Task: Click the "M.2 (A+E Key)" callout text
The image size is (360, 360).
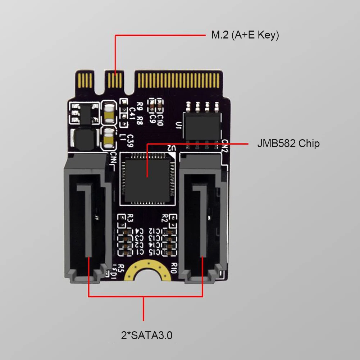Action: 245,35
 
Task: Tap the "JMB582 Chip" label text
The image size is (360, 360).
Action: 288,144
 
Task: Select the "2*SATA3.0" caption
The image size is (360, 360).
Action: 147,336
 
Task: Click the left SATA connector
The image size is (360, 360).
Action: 86,216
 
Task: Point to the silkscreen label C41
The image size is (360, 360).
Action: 132,112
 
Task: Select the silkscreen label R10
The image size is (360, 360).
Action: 174,268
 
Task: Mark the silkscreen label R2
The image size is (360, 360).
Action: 165,218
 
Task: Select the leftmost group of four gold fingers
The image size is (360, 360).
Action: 85,79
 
